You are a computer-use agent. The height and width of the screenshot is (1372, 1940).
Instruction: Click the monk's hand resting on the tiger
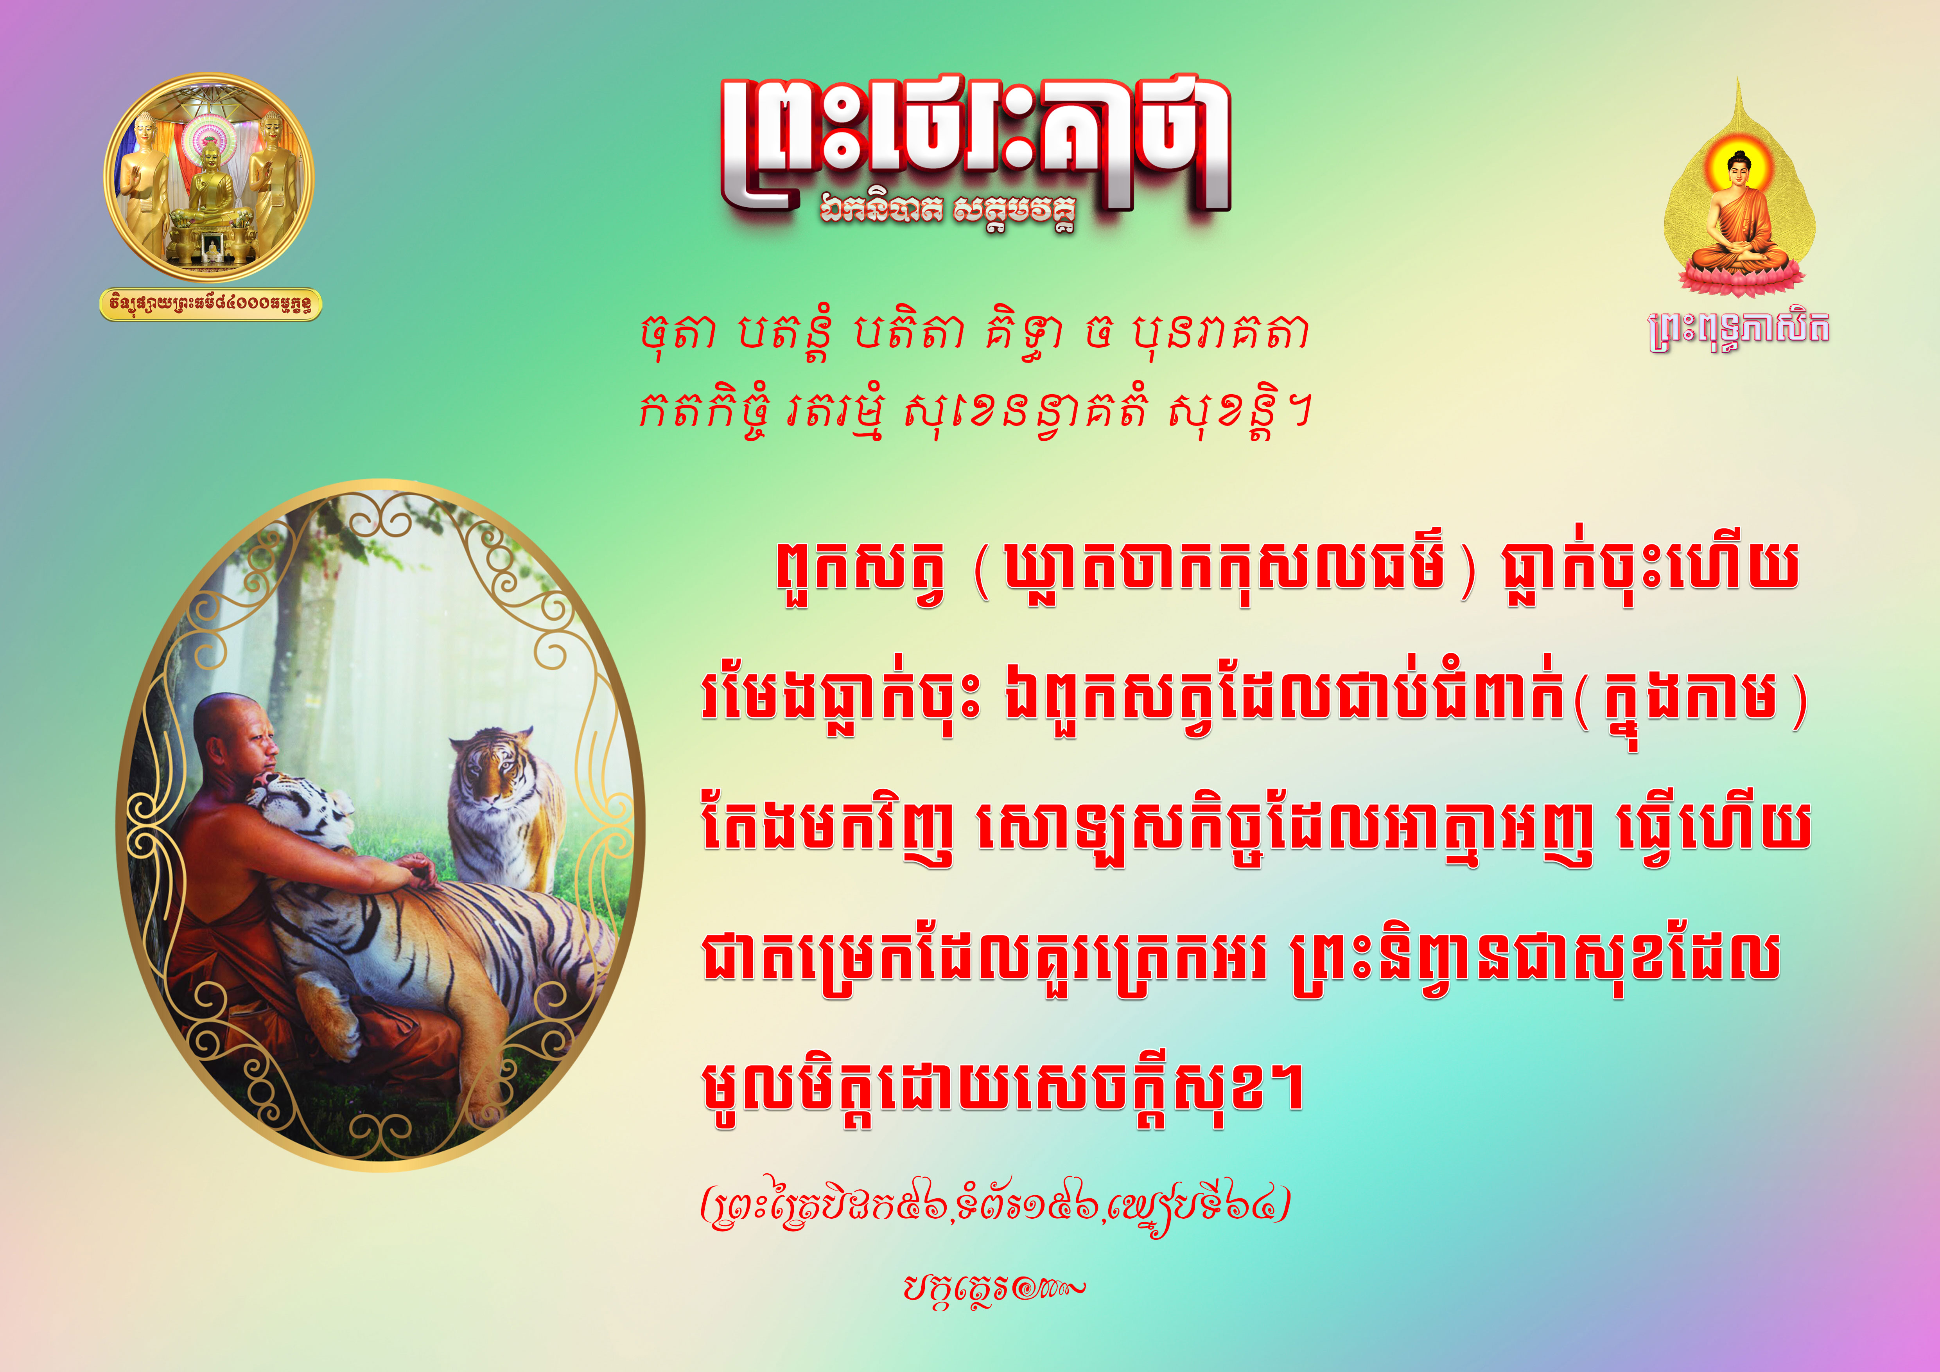418,870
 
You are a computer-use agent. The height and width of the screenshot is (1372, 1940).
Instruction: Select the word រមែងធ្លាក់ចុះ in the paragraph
841,703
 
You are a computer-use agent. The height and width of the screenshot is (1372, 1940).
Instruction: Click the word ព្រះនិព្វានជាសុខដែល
1536,963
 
